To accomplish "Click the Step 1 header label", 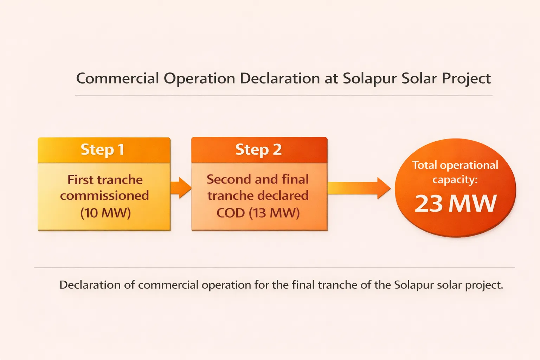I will (102, 150).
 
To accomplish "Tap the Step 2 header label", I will (258, 150).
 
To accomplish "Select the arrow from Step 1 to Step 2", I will (181, 188).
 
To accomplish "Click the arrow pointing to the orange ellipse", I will (359, 188).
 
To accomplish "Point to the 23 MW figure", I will (456, 204).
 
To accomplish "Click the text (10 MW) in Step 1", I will (105, 213).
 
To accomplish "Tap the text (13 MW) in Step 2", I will (274, 213).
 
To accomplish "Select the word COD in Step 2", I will (230, 213).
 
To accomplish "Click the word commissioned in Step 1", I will (104, 195).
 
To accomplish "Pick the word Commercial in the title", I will (118, 78).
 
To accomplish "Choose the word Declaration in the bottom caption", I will (90, 285).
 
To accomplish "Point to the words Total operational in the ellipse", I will (455, 165).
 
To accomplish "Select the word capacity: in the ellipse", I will (455, 180).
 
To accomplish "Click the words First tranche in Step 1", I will (105, 180).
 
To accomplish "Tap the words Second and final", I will (258, 179).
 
